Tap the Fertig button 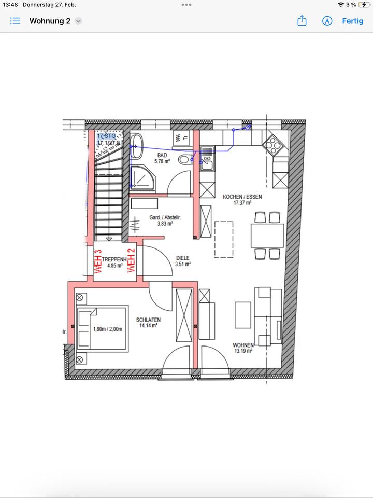[352, 21]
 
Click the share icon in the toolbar [302, 21]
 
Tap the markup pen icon [327, 21]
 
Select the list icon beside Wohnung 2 [16, 21]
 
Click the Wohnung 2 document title [50, 21]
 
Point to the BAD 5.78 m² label [162, 158]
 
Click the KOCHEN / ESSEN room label [242, 200]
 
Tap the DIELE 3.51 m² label [183, 260]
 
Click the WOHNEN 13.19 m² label [242, 348]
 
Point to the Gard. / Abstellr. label [161, 220]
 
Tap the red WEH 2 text [131, 261]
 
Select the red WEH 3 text [97, 261]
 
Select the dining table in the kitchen [267, 235]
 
